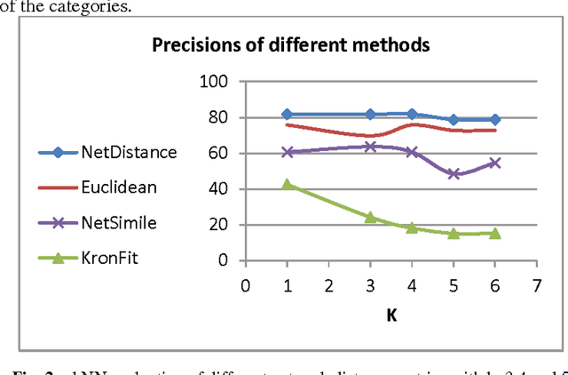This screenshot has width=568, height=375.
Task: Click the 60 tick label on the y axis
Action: (220, 153)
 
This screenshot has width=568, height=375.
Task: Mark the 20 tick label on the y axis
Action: (220, 225)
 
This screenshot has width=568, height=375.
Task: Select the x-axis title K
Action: (390, 315)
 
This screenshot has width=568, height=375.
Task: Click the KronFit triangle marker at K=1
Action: (287, 184)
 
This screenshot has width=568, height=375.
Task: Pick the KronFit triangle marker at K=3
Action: (370, 217)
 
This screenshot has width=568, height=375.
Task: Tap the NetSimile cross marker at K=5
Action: (454, 174)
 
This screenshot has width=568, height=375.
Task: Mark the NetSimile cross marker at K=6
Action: (495, 163)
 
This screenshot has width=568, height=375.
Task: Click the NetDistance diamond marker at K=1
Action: (287, 115)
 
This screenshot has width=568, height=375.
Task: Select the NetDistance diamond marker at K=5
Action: (454, 119)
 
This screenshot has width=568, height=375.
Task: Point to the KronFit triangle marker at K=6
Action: (495, 233)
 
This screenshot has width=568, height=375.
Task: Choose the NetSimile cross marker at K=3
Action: (370, 147)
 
